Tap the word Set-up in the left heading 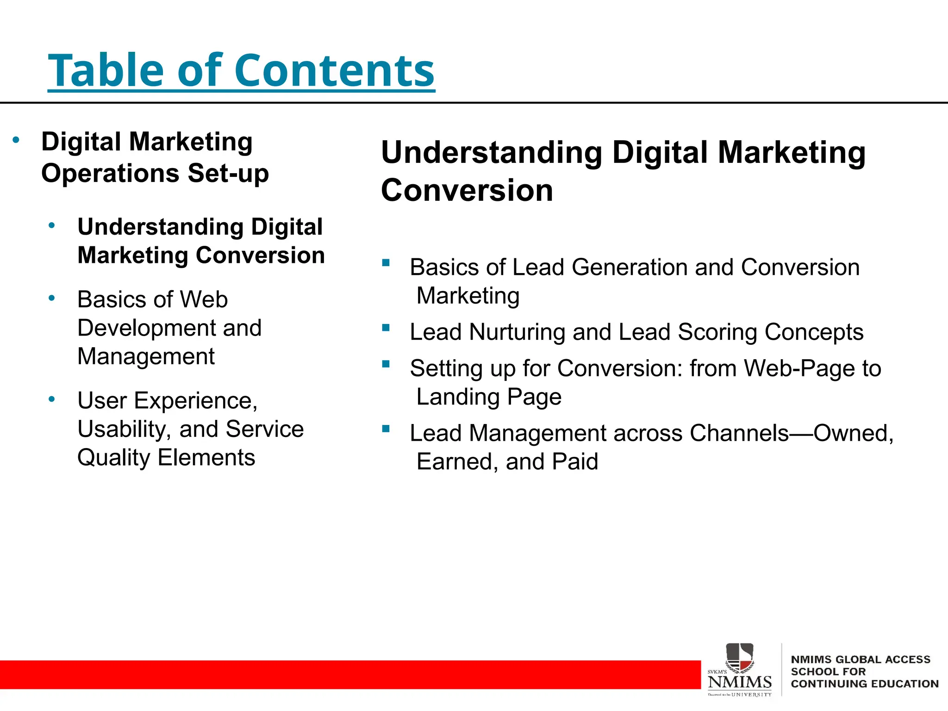point(228,174)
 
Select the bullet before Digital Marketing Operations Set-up point(16,140)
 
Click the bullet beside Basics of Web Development point(52,298)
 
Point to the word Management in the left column point(146,356)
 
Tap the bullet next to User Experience point(52,399)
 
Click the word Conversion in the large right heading point(467,190)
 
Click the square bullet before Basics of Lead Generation point(386,263)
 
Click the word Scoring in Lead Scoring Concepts point(717,332)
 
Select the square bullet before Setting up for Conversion point(386,364)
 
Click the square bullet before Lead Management point(386,429)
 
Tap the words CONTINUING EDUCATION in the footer point(864,684)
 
